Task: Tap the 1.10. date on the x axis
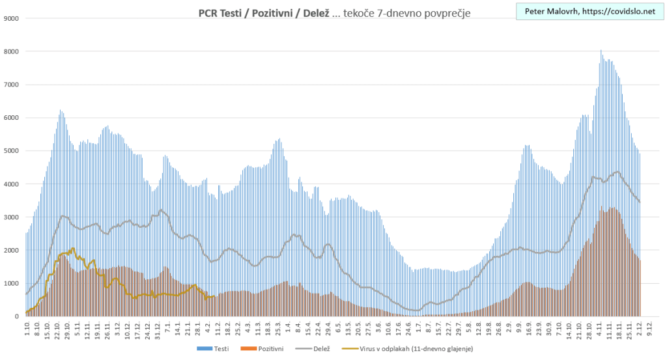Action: click(27, 327)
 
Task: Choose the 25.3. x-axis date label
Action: click(278, 328)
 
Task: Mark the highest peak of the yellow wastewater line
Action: click(72, 248)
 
